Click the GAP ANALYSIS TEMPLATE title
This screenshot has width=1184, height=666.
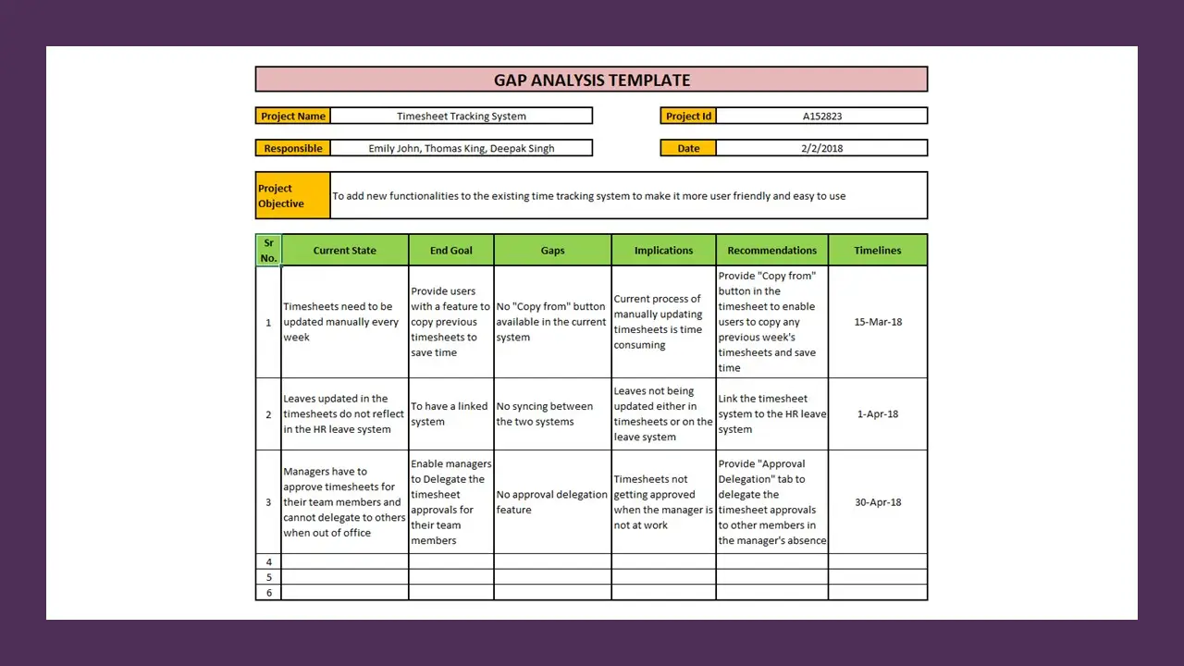point(591,80)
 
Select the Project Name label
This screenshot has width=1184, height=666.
point(292,117)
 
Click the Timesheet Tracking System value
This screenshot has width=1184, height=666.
point(461,117)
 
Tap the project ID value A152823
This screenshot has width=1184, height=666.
point(821,117)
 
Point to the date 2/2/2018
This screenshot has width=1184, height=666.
point(821,148)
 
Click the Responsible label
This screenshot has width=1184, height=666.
point(292,148)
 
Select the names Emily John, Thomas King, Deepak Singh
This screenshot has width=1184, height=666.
point(461,148)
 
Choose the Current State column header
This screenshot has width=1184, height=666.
point(344,251)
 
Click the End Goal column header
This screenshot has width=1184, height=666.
point(450,251)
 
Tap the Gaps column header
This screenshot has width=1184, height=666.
point(552,251)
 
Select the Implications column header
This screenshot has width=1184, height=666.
point(663,251)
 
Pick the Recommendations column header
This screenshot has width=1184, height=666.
point(771,251)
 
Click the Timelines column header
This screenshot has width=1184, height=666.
point(877,251)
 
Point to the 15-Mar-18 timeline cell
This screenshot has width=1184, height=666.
point(877,322)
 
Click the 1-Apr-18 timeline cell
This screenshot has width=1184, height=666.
point(877,414)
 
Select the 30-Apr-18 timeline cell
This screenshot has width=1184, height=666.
point(877,502)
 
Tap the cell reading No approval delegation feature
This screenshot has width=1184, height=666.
point(551,502)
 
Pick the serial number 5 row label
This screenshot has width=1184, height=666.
point(269,577)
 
